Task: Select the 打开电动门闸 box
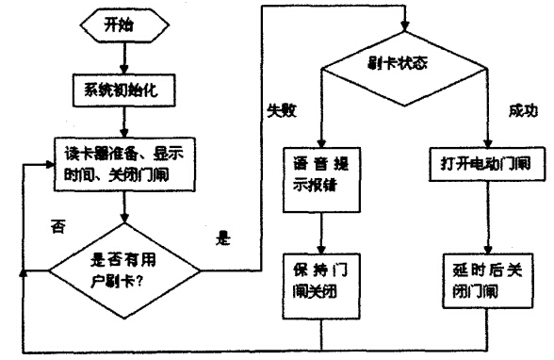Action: coord(486,162)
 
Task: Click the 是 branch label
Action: coord(223,239)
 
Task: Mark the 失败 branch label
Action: coord(281,110)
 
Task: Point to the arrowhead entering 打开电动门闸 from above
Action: coord(486,140)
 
